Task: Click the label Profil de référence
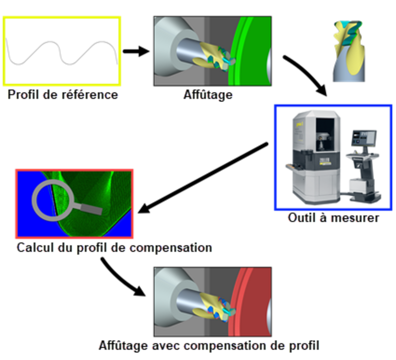pyautogui.click(x=63, y=94)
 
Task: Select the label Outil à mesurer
pyautogui.click(x=334, y=218)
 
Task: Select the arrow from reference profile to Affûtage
pyautogui.click(x=136, y=51)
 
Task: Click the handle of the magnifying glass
pyautogui.click(x=89, y=209)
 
